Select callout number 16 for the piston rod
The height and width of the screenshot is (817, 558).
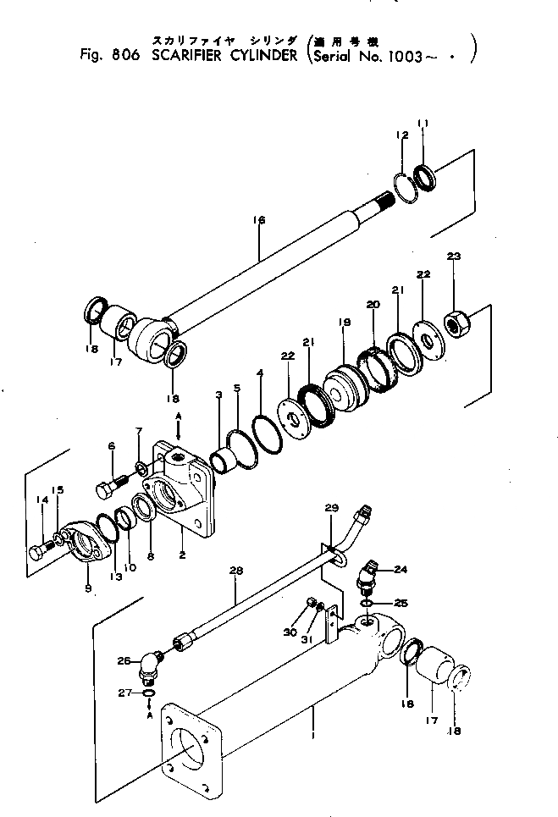click(260, 220)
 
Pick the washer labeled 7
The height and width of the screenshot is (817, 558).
click(141, 467)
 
